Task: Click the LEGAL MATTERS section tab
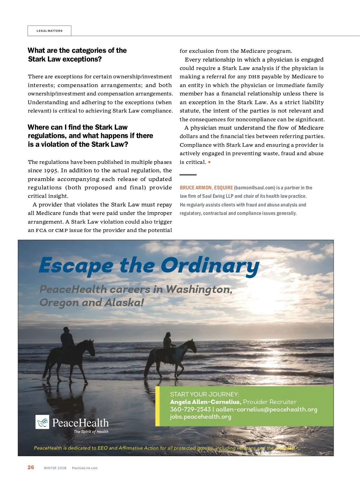49,31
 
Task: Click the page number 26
31,467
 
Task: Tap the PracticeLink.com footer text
85,468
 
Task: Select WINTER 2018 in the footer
55,468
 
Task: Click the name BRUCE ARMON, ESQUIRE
206,188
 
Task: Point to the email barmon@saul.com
254,188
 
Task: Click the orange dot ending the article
209,162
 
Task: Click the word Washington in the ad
199,289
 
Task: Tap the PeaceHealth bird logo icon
42,422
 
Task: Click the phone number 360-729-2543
190,409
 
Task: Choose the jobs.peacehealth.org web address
200,417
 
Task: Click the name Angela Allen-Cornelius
205,402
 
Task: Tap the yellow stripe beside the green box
157,406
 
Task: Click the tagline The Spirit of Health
91,432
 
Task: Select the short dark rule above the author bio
188,175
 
